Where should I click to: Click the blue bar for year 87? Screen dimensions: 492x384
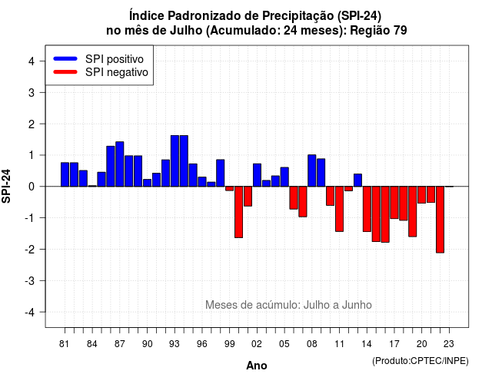point(120,164)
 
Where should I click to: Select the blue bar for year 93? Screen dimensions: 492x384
point(175,161)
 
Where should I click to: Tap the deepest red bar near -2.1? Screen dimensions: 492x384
point(440,220)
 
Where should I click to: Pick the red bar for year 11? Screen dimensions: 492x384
point(339,209)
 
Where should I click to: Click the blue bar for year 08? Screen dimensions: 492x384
point(312,170)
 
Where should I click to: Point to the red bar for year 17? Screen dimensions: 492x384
point(394,203)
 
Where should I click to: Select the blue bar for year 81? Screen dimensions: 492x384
point(65,174)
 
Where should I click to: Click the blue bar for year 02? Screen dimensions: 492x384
point(257,175)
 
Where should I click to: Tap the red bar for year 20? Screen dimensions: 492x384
point(422,194)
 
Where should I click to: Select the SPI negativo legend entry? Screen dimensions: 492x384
point(101,72)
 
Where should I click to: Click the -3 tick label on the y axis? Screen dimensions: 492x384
point(30,281)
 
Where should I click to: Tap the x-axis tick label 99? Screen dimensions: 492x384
point(229,344)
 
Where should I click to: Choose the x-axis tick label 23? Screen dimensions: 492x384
point(449,344)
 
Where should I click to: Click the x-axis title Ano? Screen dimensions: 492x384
point(257,366)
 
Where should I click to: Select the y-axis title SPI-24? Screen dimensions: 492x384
point(6,186)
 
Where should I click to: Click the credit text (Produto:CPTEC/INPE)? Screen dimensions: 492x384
point(421,361)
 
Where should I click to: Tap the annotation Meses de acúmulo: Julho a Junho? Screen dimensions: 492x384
point(288,305)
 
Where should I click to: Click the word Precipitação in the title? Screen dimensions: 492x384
point(298,15)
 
